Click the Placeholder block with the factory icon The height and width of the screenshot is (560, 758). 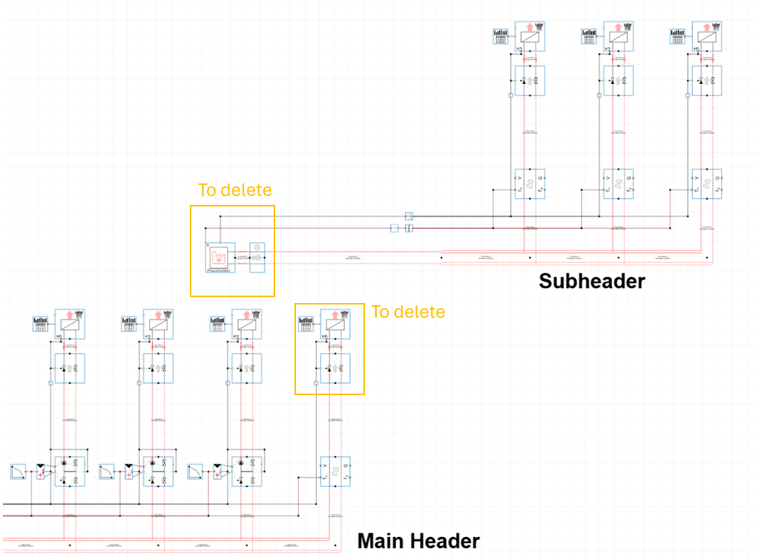(x=220, y=258)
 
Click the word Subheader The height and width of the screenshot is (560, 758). (x=592, y=281)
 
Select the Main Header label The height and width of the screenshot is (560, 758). (x=418, y=541)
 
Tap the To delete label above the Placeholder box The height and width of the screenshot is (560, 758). (x=235, y=190)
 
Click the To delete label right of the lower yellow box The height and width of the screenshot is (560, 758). (x=408, y=312)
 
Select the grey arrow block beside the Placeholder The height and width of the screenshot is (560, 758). (x=257, y=257)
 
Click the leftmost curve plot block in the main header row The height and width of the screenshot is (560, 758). (x=19, y=472)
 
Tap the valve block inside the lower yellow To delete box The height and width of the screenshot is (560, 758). (x=335, y=368)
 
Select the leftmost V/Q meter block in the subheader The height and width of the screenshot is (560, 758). (x=530, y=183)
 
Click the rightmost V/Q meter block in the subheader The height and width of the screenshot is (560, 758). (x=707, y=183)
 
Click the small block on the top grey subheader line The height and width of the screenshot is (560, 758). (x=409, y=216)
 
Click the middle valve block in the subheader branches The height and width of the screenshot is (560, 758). (x=618, y=80)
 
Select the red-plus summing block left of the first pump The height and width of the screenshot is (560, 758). (x=41, y=473)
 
